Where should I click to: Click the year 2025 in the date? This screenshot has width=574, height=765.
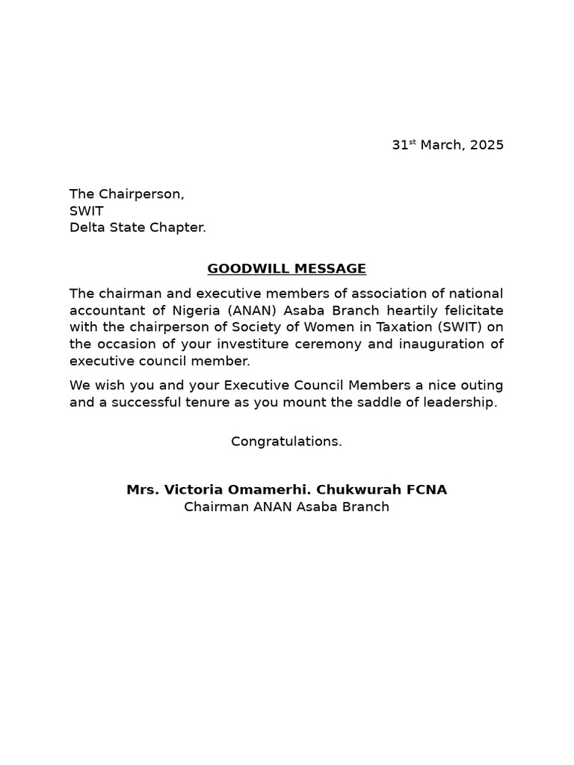487,145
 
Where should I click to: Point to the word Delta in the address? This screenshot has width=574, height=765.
87,227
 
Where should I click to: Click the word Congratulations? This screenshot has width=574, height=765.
286,442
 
